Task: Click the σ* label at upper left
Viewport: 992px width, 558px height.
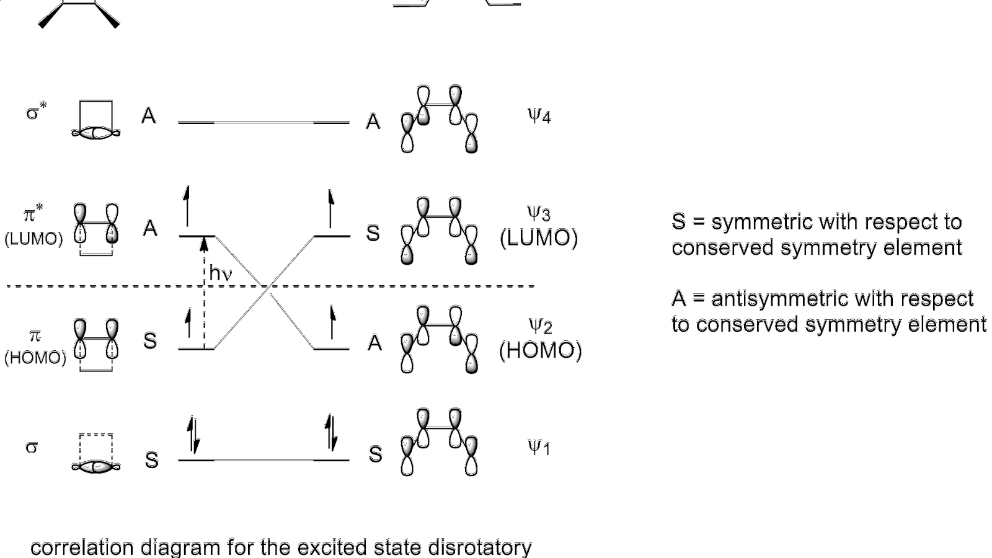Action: click(x=36, y=113)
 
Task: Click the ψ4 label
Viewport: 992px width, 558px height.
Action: click(x=539, y=115)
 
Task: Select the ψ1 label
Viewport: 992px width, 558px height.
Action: click(x=539, y=446)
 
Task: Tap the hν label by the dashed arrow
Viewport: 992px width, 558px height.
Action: click(x=221, y=273)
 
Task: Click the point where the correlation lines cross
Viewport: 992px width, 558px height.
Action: click(x=268, y=286)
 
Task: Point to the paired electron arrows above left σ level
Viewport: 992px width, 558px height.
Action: click(x=193, y=436)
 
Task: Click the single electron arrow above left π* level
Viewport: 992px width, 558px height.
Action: click(x=187, y=206)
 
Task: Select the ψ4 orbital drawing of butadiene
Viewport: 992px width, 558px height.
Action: click(x=440, y=119)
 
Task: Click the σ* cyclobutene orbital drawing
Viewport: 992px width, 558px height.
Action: click(x=96, y=119)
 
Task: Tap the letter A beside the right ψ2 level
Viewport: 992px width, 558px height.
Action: click(x=374, y=343)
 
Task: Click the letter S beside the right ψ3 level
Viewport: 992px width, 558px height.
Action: click(x=373, y=234)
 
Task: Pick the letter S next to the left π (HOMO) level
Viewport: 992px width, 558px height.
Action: click(x=150, y=341)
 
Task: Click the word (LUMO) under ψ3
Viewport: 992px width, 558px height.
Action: click(x=539, y=238)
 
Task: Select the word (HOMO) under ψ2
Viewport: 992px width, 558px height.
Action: click(x=540, y=351)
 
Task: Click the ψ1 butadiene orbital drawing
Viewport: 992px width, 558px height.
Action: click(x=440, y=442)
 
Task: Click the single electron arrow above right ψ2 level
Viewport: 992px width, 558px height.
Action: click(x=332, y=322)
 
